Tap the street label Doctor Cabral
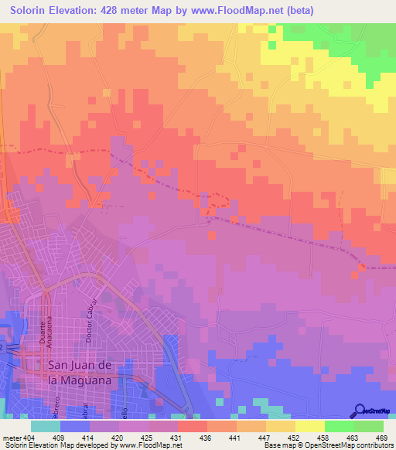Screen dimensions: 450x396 pos(91,319)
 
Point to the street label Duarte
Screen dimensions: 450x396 pos(40,335)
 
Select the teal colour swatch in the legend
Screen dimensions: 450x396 pos(45,426)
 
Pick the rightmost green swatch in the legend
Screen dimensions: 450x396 pos(368,426)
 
